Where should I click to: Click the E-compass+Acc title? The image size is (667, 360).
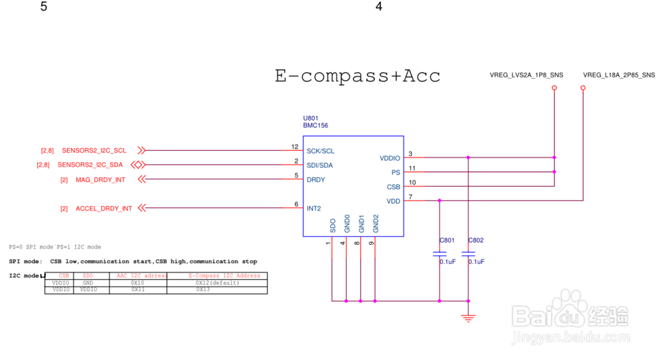click(x=358, y=75)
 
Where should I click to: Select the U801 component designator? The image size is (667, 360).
click(x=311, y=117)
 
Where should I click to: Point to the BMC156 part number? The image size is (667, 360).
click(x=315, y=125)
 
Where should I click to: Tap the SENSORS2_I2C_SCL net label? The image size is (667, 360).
click(x=94, y=151)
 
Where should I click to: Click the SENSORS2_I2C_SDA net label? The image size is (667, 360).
click(x=90, y=165)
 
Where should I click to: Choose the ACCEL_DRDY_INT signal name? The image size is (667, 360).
click(x=103, y=209)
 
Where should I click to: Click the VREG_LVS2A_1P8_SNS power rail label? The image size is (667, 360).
click(x=526, y=75)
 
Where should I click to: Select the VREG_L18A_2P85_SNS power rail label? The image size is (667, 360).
click(x=618, y=75)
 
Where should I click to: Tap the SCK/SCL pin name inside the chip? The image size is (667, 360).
click(x=320, y=151)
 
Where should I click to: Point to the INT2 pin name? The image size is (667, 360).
click(x=313, y=209)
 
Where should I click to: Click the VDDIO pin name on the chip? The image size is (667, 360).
click(x=390, y=158)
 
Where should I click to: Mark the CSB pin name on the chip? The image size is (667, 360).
click(x=394, y=187)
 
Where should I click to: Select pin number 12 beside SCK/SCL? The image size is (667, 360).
click(x=295, y=147)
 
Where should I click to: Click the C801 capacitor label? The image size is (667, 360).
click(x=446, y=240)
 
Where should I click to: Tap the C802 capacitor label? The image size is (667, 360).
click(x=476, y=240)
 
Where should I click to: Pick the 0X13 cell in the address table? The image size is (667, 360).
click(x=203, y=290)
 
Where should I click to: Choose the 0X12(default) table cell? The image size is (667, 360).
click(x=217, y=283)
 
